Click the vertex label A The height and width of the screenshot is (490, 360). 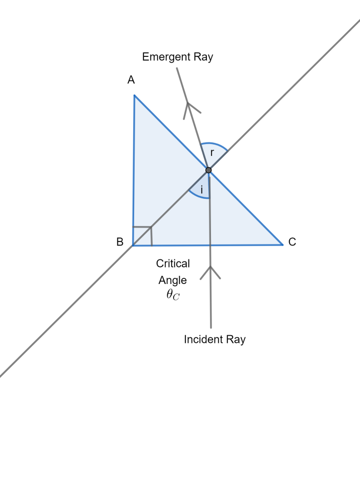coord(131,80)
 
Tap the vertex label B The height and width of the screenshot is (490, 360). coord(120,242)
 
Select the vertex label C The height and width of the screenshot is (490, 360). coord(292,242)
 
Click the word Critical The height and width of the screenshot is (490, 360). coord(173,263)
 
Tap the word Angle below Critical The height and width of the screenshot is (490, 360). coord(173,280)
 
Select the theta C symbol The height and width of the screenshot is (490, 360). coord(173,296)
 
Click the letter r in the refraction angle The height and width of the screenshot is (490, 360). coord(212,153)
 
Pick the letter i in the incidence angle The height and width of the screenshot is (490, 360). coord(202,190)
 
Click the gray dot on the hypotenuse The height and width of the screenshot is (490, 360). coord(208,170)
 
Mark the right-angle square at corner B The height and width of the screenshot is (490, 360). coord(143,235)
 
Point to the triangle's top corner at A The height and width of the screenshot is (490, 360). coord(134,95)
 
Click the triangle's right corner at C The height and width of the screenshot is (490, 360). coord(283,244)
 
